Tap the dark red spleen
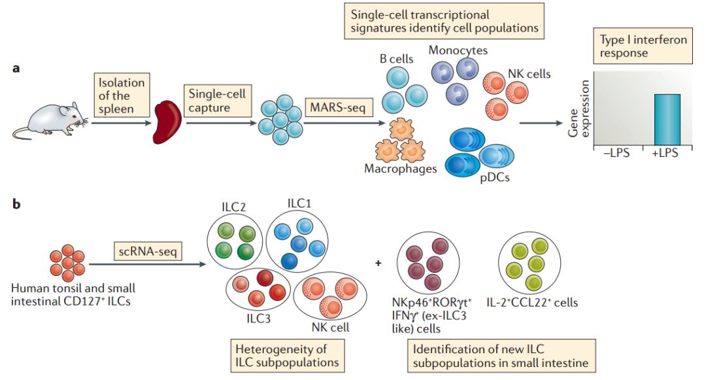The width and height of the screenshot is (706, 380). tap(166, 122)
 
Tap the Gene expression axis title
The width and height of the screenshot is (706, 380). tap(578, 112)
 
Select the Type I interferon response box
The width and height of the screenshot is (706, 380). tap(643, 46)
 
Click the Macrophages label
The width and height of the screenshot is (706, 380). tap(400, 169)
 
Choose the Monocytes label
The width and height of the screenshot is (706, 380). tap(458, 50)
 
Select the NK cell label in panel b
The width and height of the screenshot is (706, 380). tap(331, 326)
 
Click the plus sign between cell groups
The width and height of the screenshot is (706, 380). tap(378, 264)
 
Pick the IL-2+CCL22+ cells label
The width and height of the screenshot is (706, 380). tap(531, 303)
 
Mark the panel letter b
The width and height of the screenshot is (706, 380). tap(16, 205)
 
